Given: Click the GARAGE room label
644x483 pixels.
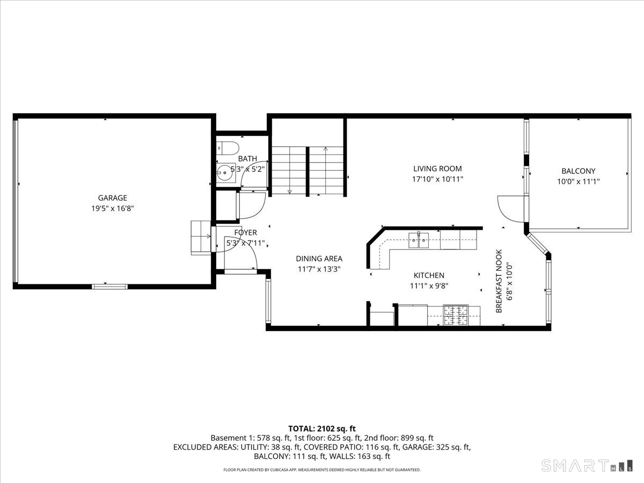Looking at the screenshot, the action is (112, 198).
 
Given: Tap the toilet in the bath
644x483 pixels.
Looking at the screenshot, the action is (228, 148).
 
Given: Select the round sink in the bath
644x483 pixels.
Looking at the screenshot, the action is (225, 173).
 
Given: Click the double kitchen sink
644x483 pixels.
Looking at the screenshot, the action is (419, 240).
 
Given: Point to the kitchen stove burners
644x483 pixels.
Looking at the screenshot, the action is (456, 315).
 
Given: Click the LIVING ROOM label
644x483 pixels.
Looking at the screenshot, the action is (437, 169).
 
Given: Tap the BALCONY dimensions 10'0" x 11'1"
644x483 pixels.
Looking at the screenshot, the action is (579, 181).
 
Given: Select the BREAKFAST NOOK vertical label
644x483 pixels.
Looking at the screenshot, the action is (499, 281).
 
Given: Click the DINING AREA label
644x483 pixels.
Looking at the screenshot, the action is (319, 259).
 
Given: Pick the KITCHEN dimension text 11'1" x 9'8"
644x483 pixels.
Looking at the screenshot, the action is (429, 286).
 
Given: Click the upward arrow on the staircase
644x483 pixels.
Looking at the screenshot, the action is (325, 170).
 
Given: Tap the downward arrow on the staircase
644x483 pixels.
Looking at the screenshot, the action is (290, 170).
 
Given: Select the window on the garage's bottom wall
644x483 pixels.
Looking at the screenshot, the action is (109, 287).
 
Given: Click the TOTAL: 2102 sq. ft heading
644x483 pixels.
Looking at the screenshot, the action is (322, 429).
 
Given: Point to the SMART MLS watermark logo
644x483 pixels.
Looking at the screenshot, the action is (587, 466).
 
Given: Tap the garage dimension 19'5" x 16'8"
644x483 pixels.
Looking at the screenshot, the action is (112, 209).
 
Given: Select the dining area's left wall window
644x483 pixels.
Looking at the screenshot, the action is (268, 301).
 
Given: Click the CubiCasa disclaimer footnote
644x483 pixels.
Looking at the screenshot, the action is (322, 470).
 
